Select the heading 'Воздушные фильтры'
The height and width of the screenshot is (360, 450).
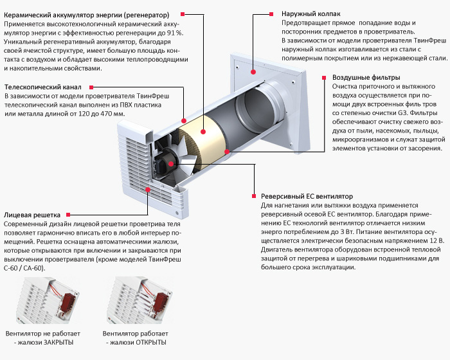coord(364,77)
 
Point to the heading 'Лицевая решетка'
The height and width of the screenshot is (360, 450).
coord(32,214)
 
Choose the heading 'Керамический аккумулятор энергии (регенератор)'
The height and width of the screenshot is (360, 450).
coord(87,14)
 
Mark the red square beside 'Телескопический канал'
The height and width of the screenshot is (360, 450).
coord(94,87)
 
